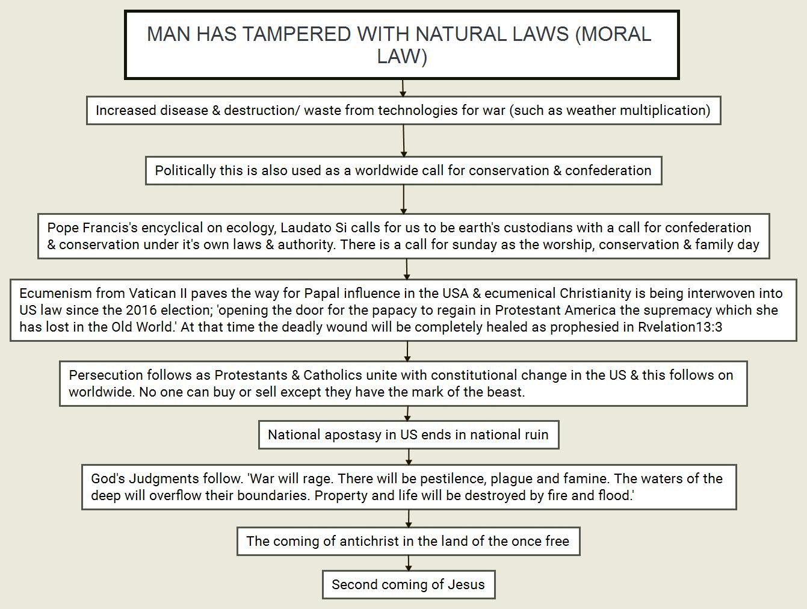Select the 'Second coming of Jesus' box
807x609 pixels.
coord(409,584)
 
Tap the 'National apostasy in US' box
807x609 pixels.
coord(409,435)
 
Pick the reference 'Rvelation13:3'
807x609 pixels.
coord(680,327)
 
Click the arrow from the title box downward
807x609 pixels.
coord(403,88)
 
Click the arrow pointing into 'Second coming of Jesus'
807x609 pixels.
coord(409,563)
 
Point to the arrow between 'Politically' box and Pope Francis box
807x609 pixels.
coord(404,199)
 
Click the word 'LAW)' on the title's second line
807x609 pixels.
coord(402,56)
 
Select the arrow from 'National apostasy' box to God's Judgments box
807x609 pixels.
coord(409,457)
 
